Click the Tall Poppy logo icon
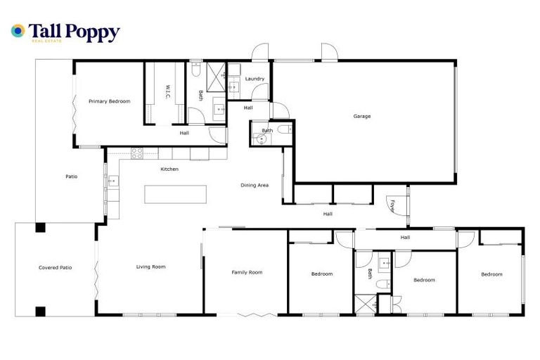point(18,32)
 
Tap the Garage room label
point(362,116)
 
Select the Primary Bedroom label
point(109,101)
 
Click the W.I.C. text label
point(168,92)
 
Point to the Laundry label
point(255,79)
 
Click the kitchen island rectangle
point(176,194)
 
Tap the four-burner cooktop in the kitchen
point(138,152)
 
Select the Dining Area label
point(255,186)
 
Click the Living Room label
point(150,266)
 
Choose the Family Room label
point(247,272)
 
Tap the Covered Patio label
point(55,267)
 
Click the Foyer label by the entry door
point(392,205)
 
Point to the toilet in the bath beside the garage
point(283,130)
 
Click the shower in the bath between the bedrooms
point(365,305)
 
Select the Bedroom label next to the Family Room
point(321,274)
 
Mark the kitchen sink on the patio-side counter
point(112,181)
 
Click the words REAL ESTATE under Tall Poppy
point(47,41)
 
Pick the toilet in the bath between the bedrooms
point(380,284)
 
